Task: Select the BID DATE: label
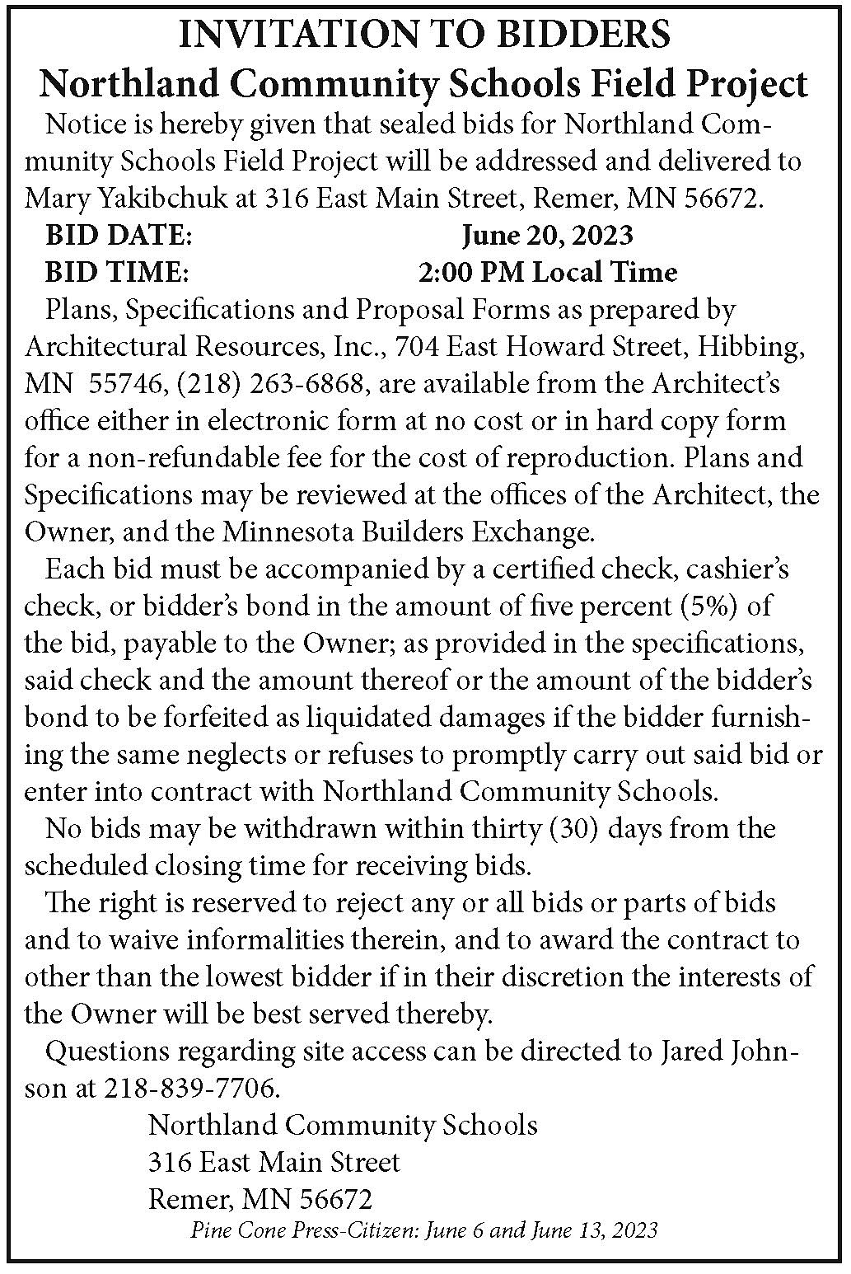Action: tap(119, 235)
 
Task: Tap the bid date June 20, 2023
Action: tap(547, 235)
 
